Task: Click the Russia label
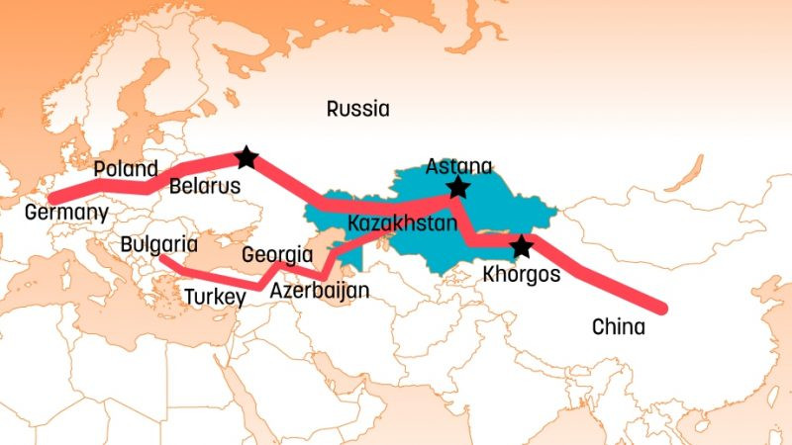point(357,109)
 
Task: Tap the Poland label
point(126,168)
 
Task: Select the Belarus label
point(205,186)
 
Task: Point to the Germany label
point(66,213)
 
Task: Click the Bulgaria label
point(158,243)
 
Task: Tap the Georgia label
point(277,254)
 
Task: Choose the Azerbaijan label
point(319,291)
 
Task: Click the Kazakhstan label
point(402,223)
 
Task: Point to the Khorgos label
point(521,274)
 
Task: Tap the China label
point(618,326)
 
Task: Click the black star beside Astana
point(457,188)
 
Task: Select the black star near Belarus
point(247,156)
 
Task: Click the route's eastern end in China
point(660,309)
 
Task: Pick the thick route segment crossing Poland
point(124,185)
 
